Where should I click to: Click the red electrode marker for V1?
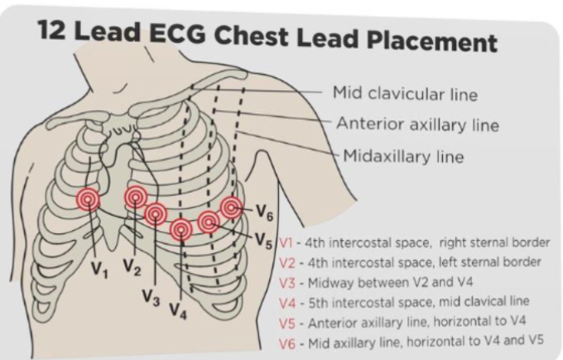click(88, 199)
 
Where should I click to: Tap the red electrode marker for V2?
click(136, 197)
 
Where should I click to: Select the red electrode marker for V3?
click(155, 214)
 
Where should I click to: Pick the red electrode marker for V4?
click(180, 229)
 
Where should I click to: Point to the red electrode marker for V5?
click(209, 222)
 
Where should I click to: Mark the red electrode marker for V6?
click(231, 207)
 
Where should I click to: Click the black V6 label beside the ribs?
click(264, 214)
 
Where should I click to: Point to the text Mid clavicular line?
click(405, 94)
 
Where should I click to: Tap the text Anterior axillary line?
click(417, 125)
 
